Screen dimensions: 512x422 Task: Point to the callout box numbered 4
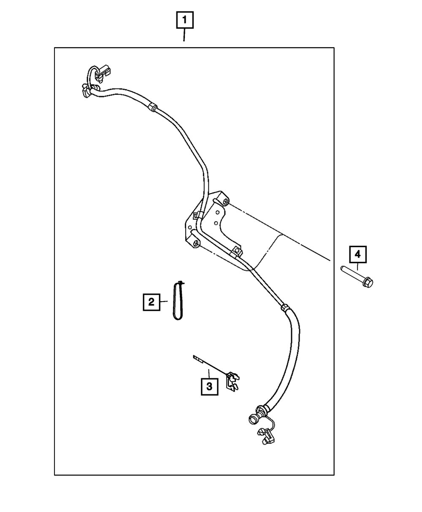tap(357, 254)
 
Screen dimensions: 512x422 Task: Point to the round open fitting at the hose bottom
tap(254, 418)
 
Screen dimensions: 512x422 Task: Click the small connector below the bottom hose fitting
tap(266, 437)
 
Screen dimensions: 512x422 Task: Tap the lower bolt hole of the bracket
tap(197, 244)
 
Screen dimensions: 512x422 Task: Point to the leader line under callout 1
tap(184, 35)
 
